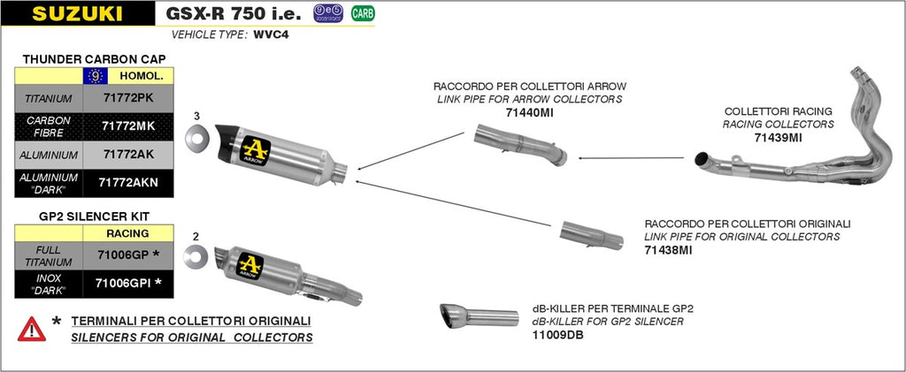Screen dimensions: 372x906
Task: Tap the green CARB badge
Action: tap(361, 13)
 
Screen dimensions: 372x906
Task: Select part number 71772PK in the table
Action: tap(128, 98)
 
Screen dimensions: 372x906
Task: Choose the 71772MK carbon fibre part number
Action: tap(128, 126)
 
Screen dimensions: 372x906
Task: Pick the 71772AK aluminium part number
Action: tap(128, 155)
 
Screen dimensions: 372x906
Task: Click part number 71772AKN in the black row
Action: tap(128, 183)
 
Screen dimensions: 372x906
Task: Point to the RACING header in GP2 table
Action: tap(128, 233)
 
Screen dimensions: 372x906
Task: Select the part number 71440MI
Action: tap(529, 113)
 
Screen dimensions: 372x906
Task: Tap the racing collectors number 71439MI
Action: tap(778, 138)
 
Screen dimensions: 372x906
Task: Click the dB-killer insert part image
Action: tap(478, 315)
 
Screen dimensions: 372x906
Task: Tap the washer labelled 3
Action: tap(196, 139)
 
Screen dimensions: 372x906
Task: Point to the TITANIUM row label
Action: tap(49, 98)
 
